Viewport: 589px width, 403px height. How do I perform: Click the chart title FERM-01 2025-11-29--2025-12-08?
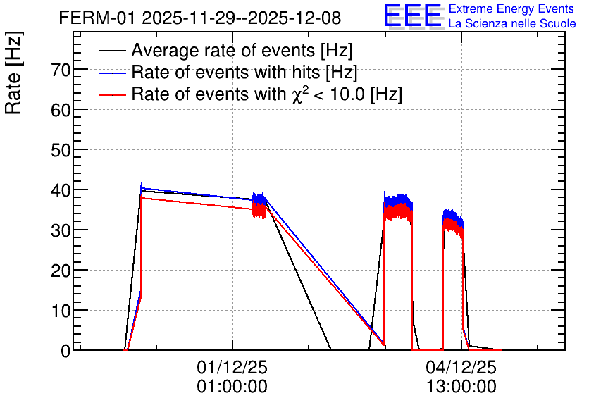[200, 18]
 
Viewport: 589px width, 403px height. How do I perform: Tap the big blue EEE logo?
[412, 15]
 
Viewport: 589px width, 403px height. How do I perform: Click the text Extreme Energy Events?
[512, 8]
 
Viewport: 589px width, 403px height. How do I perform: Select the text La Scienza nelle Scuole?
[512, 23]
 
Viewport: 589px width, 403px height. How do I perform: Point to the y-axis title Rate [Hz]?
[13, 73]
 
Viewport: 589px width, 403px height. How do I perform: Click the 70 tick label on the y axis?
[61, 70]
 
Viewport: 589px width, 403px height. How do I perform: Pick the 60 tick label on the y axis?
[61, 110]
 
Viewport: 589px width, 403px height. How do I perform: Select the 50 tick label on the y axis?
[61, 150]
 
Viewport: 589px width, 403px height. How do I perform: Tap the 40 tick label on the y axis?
[61, 190]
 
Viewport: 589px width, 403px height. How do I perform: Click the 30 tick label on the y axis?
[61, 230]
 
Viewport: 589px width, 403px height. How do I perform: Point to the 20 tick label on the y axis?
[61, 271]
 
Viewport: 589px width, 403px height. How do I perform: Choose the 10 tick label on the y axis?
[61, 311]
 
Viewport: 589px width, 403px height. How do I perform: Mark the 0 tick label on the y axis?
[66, 351]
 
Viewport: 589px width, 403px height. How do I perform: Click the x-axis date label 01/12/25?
[232, 367]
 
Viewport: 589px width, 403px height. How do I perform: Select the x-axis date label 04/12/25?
[461, 367]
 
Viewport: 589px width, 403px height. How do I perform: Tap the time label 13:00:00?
[461, 387]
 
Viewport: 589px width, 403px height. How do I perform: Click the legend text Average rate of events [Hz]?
[242, 50]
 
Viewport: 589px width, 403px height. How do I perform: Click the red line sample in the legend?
[113, 95]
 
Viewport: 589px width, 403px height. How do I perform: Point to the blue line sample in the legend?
[113, 73]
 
